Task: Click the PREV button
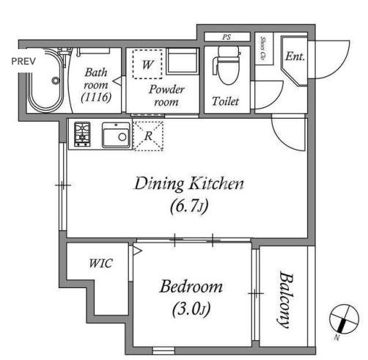23,61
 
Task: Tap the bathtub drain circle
56,81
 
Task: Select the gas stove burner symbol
82,134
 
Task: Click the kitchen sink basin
116,135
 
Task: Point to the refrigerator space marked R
149,136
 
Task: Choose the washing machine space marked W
147,65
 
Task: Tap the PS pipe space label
227,37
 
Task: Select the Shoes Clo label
263,49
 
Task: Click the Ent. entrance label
295,56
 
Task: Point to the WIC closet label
100,263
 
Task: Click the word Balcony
286,299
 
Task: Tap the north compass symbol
344,319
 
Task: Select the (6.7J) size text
189,206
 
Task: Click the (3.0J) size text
191,309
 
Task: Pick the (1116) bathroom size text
96,98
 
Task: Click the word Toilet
225,101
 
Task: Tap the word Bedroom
191,287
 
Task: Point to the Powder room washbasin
183,61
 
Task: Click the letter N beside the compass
337,337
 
